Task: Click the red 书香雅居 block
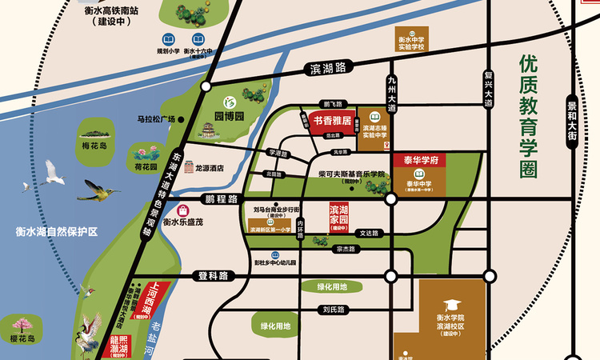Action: [326, 122]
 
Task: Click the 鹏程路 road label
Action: [222, 198]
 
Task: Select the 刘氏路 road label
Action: [334, 309]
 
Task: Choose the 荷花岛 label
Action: [146, 169]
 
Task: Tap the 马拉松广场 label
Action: [155, 120]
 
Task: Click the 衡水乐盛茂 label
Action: [183, 222]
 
